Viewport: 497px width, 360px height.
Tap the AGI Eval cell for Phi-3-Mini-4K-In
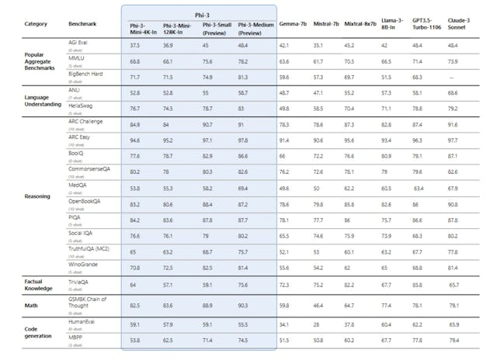point(135,45)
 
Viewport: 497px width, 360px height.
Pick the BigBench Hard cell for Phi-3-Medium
point(243,78)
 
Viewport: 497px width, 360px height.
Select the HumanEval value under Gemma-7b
point(286,324)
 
